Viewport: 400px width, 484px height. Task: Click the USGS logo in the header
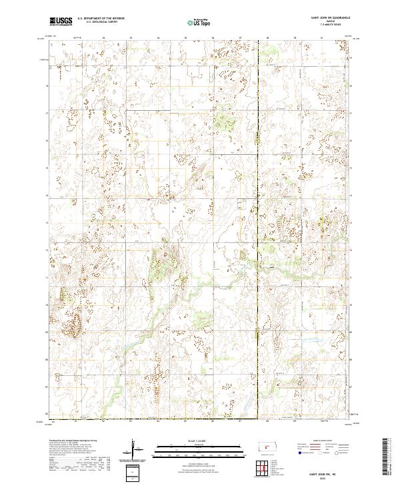click(x=60, y=21)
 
